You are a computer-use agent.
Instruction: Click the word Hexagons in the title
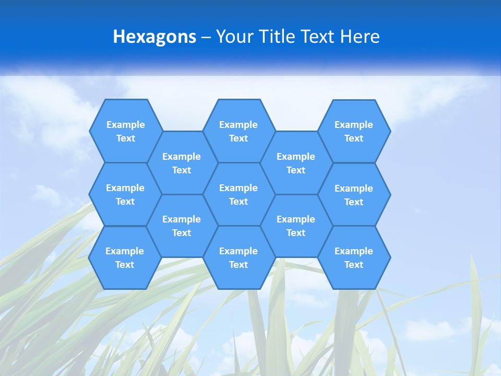click(154, 37)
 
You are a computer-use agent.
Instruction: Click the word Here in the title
click(360, 37)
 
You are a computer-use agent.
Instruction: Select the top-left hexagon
click(125, 131)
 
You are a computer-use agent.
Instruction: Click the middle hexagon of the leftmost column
click(125, 194)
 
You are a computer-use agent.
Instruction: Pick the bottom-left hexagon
click(125, 257)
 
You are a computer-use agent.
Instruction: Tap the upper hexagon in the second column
click(182, 163)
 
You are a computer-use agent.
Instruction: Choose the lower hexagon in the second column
click(182, 226)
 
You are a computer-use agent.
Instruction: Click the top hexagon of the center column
click(238, 131)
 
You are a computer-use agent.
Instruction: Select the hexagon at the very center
click(238, 194)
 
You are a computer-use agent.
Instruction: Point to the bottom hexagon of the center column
click(238, 257)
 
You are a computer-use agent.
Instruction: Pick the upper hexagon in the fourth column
click(296, 163)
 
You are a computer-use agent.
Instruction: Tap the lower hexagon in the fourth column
click(296, 226)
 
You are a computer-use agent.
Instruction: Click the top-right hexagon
click(354, 131)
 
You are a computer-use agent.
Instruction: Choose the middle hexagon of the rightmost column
click(354, 195)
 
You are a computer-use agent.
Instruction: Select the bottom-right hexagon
click(354, 257)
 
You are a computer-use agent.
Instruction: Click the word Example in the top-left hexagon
click(125, 125)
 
